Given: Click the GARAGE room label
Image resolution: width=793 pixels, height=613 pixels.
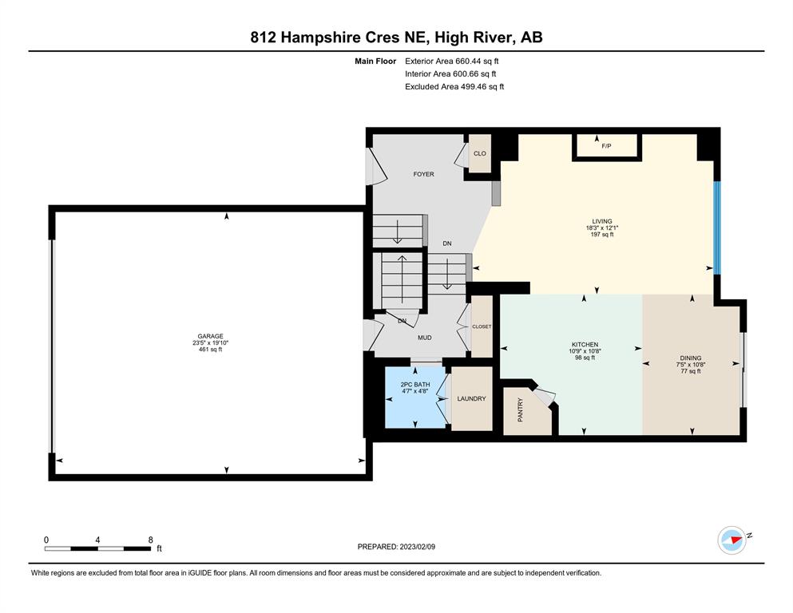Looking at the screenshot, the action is pos(210,336).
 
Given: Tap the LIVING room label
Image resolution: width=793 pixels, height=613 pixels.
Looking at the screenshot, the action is pos(602,221).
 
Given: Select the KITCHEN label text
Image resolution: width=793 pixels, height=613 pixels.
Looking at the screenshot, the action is pos(585,345).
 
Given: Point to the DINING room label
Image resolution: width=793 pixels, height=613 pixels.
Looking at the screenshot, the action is pos(691,358).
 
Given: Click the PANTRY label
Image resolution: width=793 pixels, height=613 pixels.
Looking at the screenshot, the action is pos(521,409).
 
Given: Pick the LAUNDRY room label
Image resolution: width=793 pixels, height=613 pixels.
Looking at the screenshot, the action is pos(471,399).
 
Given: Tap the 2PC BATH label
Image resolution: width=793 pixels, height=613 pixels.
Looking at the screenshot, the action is pos(415,385).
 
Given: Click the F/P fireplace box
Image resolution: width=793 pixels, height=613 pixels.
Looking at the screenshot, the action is pos(607,146).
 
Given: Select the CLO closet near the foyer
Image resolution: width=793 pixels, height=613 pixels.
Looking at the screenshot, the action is pos(479,153).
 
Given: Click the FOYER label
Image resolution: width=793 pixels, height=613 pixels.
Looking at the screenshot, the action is pos(424,174).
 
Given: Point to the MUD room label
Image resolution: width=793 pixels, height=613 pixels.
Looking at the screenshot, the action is pos(425,338).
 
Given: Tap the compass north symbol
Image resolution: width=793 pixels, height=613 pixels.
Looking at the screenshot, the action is pos(732,540).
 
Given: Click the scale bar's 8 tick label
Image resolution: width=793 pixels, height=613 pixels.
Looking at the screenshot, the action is pos(150,540).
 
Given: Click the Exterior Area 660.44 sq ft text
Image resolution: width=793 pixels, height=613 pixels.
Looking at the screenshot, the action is pos(452,61).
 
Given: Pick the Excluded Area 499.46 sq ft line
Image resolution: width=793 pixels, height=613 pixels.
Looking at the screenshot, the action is pos(454,86).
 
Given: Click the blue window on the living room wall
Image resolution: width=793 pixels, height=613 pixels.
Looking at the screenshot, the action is pos(716,227).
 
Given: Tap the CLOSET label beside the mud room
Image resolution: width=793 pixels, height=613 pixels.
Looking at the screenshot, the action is pos(482,326).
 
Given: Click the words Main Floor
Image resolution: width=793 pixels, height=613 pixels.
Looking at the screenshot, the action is pos(375,61).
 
